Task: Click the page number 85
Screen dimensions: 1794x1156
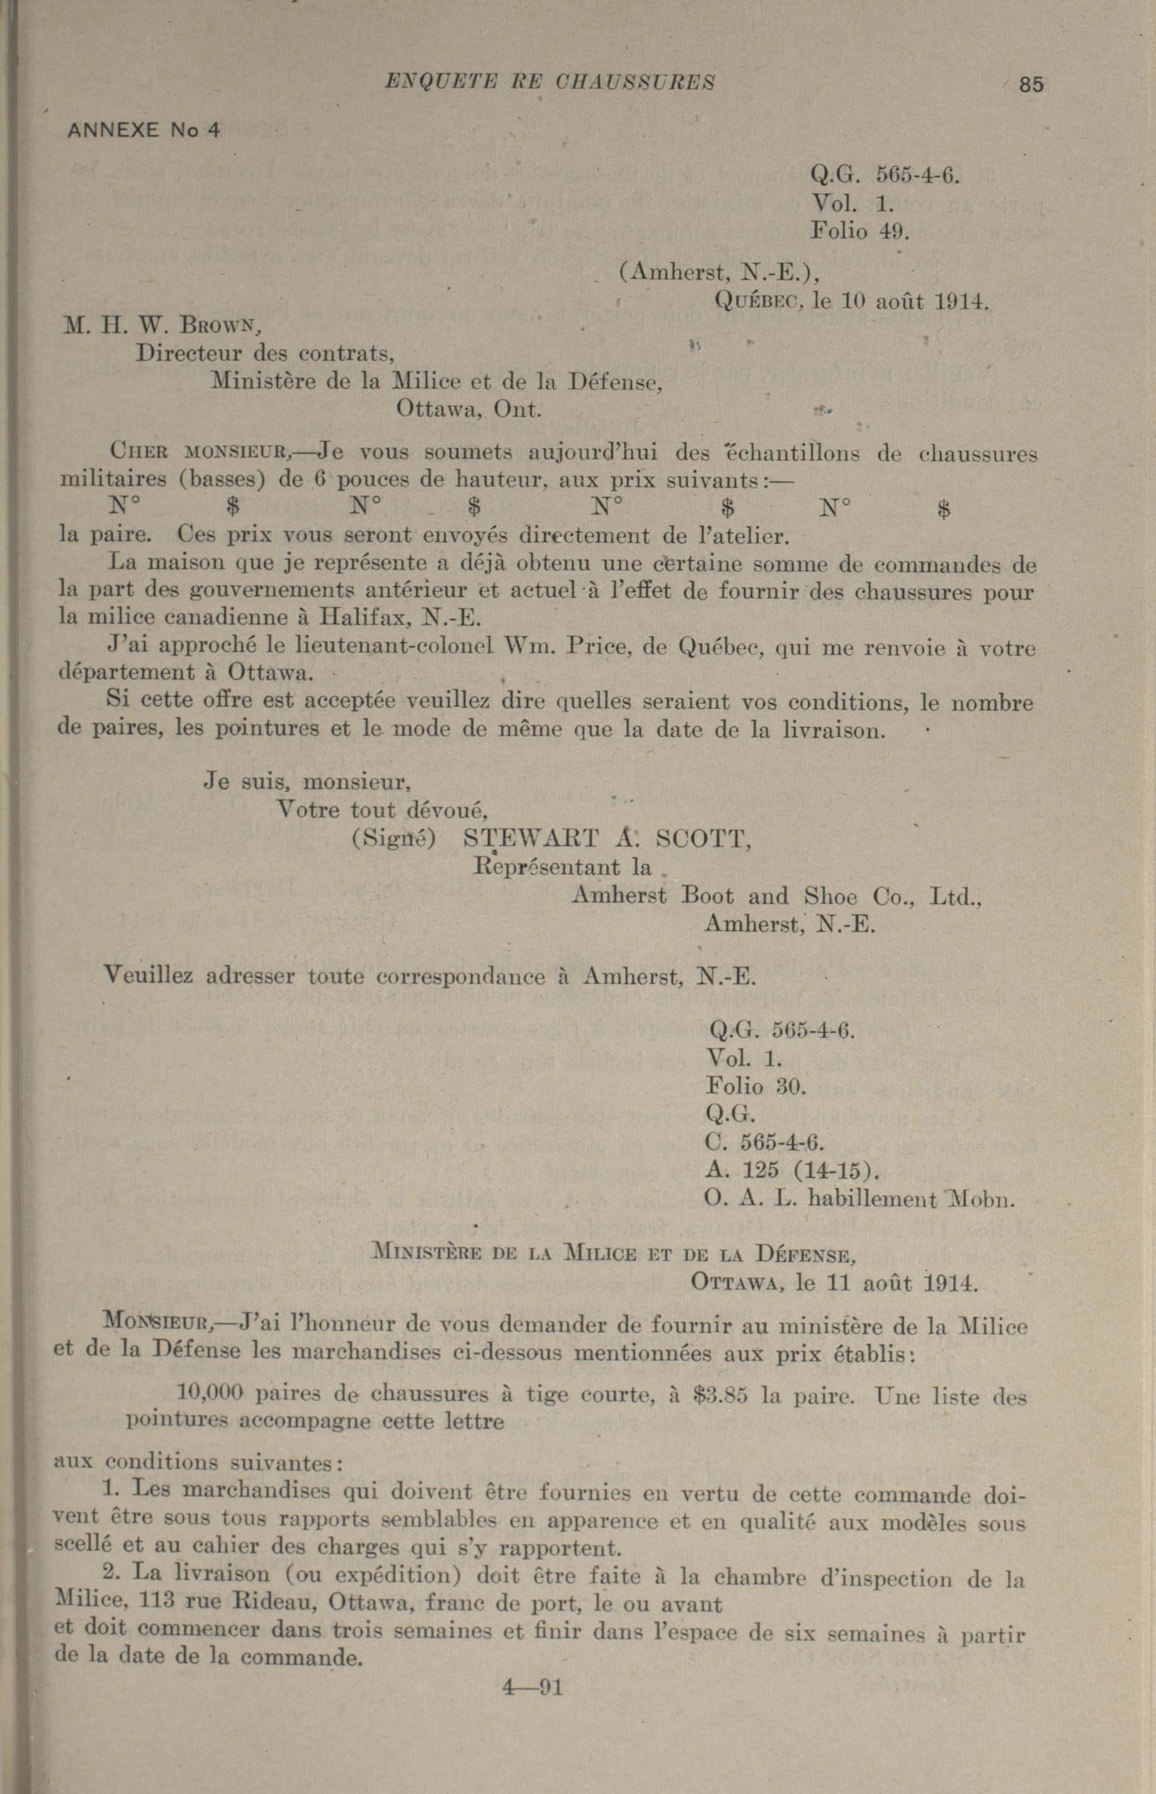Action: pyautogui.click(x=1031, y=85)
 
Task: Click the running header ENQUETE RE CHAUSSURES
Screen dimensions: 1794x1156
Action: pyautogui.click(x=550, y=82)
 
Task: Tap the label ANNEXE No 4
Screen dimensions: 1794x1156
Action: pyautogui.click(x=144, y=130)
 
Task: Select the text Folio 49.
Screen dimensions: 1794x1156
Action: pyautogui.click(x=859, y=230)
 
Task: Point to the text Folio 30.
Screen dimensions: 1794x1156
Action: pyautogui.click(x=756, y=1086)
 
